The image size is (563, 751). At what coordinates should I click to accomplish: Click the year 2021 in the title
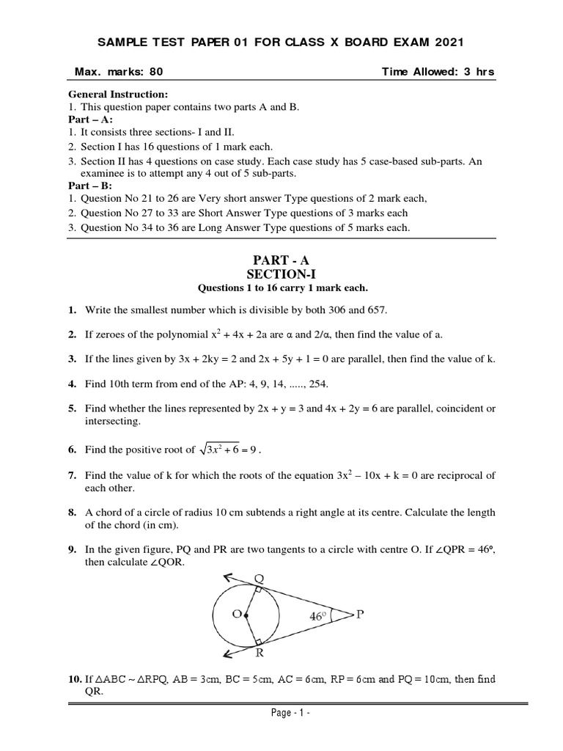446,43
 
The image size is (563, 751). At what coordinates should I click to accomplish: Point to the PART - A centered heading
282,260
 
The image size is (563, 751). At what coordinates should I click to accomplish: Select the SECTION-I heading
282,274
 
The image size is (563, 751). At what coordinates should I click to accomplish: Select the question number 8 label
73,512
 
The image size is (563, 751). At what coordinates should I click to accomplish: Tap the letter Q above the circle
259,578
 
